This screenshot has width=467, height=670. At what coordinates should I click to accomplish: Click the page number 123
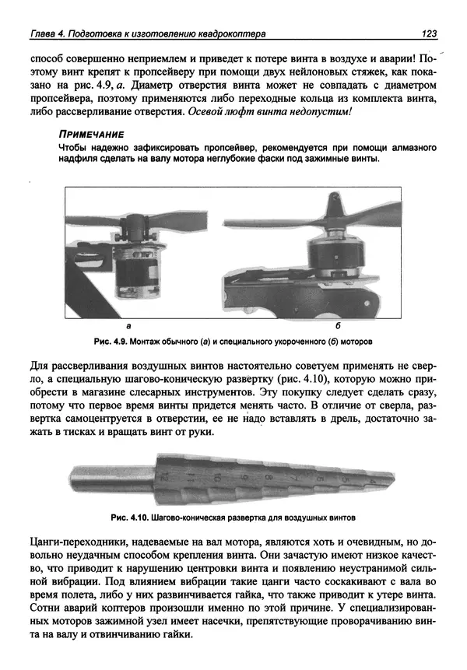click(427, 34)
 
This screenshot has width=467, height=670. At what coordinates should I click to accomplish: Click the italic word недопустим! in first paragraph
click(321, 111)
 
